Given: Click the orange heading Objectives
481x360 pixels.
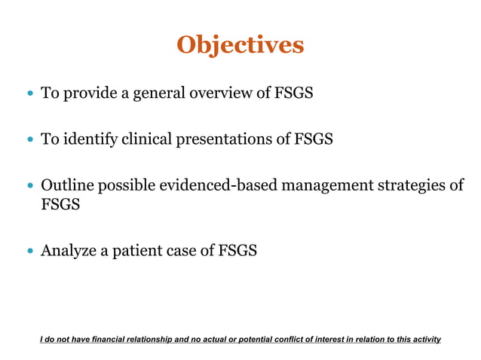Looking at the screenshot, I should [240, 44].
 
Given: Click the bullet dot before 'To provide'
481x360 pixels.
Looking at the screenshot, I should [30, 95].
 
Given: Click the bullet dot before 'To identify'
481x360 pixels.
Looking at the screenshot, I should [30, 140].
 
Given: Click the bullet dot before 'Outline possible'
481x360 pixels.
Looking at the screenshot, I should [30, 186].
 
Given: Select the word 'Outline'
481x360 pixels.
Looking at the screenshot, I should [67, 185].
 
